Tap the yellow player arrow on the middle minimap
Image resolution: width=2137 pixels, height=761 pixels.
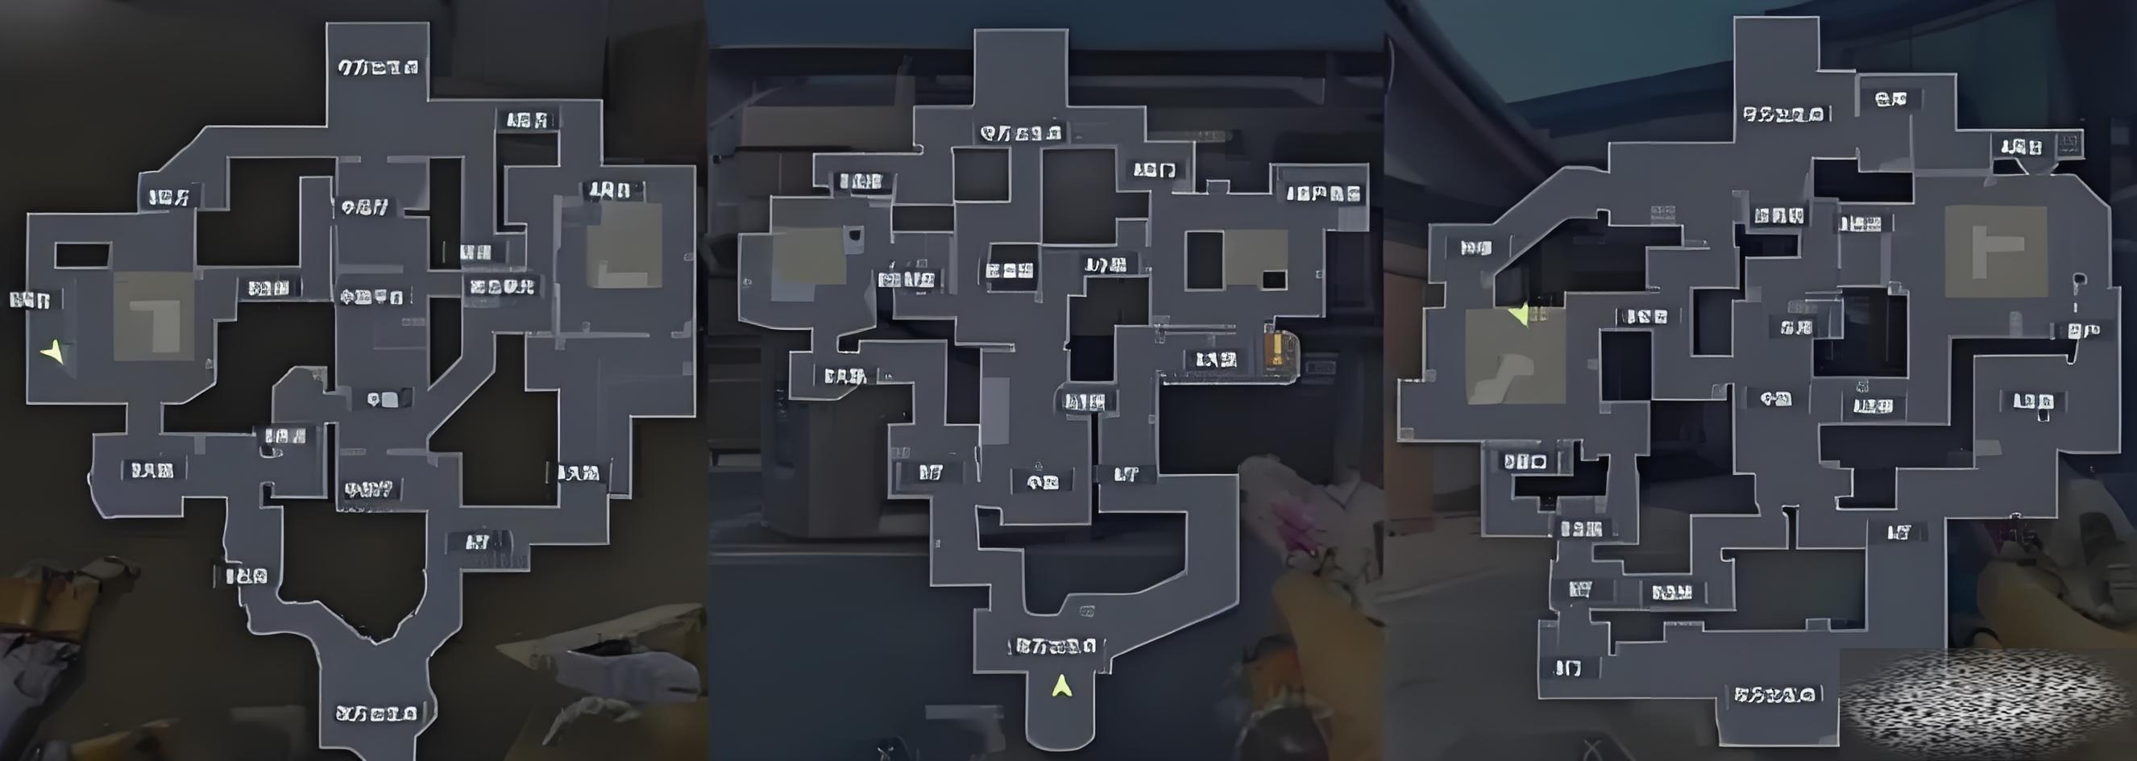click(x=1062, y=686)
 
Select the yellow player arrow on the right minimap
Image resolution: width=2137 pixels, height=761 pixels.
click(x=1519, y=314)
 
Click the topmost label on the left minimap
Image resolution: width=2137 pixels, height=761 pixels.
click(x=377, y=67)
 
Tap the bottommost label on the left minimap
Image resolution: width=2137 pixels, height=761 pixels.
click(x=375, y=713)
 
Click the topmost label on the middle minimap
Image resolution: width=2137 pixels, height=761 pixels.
click(x=1020, y=133)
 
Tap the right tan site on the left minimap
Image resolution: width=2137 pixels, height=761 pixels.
click(x=624, y=246)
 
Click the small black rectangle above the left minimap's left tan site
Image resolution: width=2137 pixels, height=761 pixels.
click(x=82, y=255)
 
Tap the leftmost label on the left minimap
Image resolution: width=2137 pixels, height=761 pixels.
click(x=31, y=300)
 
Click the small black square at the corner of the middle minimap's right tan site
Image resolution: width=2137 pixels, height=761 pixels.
click(x=1273, y=280)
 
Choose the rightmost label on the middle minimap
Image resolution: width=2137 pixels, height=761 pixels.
click(x=1323, y=194)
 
